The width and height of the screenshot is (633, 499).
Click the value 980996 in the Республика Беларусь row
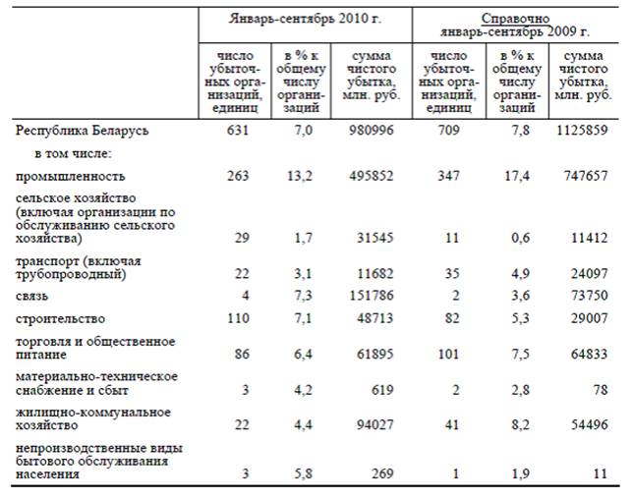coord(372,131)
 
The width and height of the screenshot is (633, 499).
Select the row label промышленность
coord(71,176)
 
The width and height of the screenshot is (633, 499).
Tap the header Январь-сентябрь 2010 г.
coord(305,19)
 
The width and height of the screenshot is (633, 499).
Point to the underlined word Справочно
coord(515,19)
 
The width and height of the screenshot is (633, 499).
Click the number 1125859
coord(582,131)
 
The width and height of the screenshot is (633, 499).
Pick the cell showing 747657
coord(586,176)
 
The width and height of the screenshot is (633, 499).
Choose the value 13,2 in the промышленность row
coord(300,176)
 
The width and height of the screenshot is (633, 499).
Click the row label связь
coord(31,296)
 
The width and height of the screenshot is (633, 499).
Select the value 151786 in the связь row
coord(372,296)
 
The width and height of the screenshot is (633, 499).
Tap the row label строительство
coord(61,318)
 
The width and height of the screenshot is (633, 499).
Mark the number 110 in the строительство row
coord(238,318)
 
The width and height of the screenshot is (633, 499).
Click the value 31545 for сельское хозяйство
coord(375,238)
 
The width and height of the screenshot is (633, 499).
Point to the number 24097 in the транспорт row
coord(590,274)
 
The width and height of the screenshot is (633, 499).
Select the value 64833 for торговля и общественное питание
coord(590,355)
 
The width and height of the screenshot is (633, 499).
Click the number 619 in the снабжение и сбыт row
coord(382,390)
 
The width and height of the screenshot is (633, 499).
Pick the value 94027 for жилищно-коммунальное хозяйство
coord(375,424)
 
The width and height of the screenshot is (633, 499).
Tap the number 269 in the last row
coord(382,473)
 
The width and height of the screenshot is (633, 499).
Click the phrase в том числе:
coord(73,153)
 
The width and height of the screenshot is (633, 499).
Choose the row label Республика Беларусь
coord(82,131)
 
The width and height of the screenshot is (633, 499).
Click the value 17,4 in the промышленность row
coord(517,176)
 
